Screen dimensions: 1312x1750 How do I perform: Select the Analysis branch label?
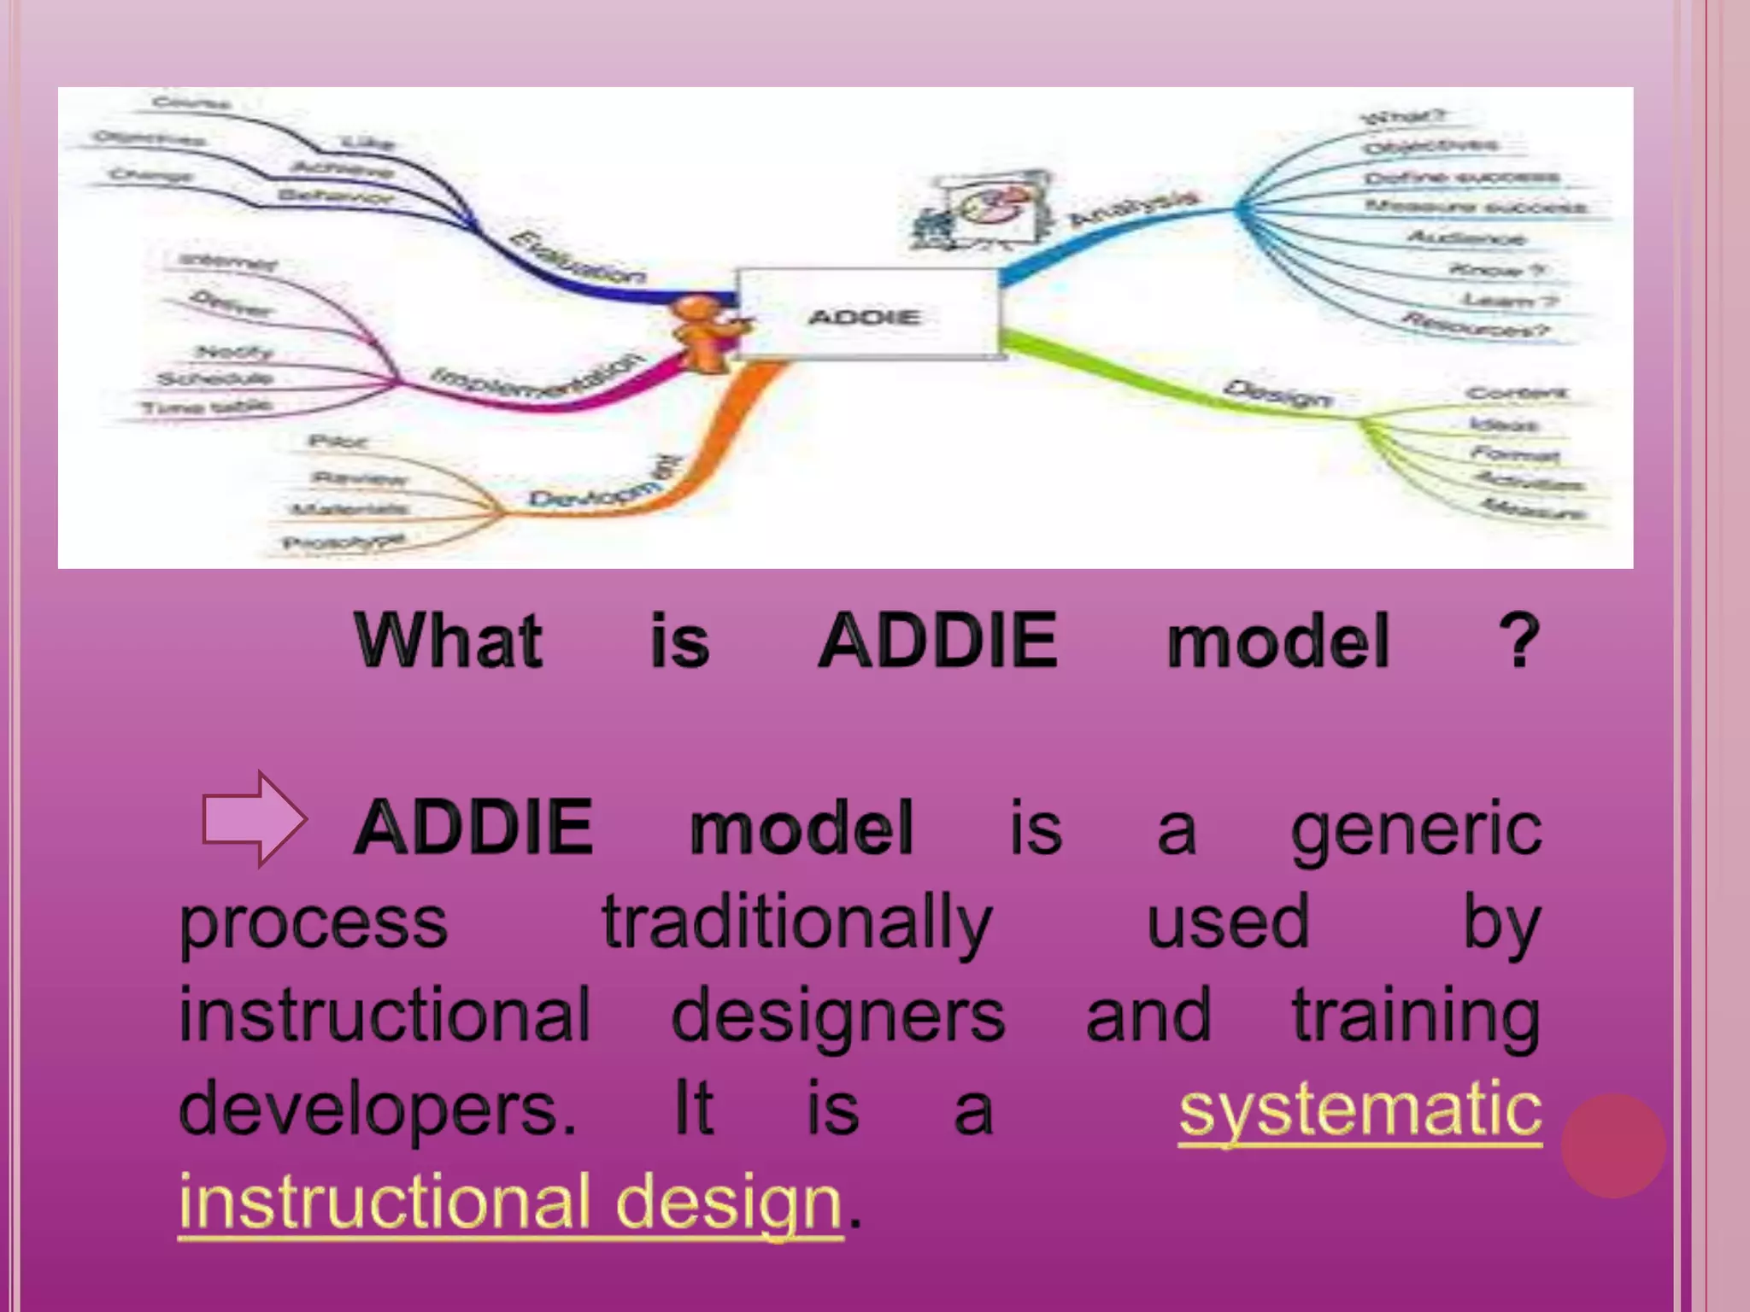pos(1134,208)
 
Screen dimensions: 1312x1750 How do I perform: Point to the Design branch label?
pos(1277,393)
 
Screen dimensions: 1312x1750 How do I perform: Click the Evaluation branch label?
pos(578,257)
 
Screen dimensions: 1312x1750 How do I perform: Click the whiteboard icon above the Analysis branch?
pos(983,212)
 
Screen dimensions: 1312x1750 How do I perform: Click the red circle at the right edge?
pos(1612,1145)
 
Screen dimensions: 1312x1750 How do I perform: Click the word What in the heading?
pos(449,641)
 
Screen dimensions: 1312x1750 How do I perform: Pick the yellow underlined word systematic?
pos(1360,1109)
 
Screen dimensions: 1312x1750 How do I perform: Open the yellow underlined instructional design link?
pos(511,1201)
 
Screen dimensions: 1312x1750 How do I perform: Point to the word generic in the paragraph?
pos(1416,829)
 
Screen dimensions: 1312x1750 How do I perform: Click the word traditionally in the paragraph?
pos(796,922)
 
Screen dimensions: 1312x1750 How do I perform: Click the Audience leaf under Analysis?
pos(1465,237)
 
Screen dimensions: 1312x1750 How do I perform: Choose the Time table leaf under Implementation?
pos(207,407)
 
